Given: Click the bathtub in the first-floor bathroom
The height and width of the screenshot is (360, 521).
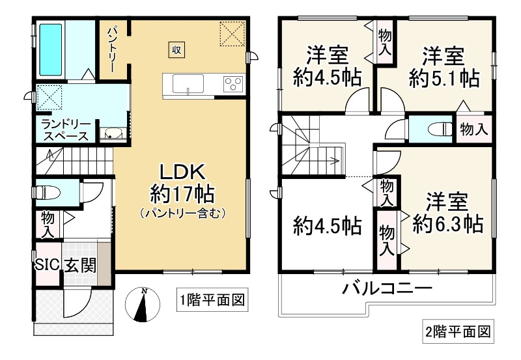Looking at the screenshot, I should click(49, 49).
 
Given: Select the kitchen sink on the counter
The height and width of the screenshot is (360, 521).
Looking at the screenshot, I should click(188, 84).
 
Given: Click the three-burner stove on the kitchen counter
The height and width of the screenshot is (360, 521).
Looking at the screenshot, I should click(232, 83).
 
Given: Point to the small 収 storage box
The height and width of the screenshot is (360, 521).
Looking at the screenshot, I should click(176, 49).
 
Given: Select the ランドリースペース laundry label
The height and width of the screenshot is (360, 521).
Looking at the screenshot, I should click(64, 130).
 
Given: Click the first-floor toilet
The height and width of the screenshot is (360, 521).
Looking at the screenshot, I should click(47, 191).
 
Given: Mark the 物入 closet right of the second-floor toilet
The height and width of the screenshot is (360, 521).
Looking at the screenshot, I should click(473, 129).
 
